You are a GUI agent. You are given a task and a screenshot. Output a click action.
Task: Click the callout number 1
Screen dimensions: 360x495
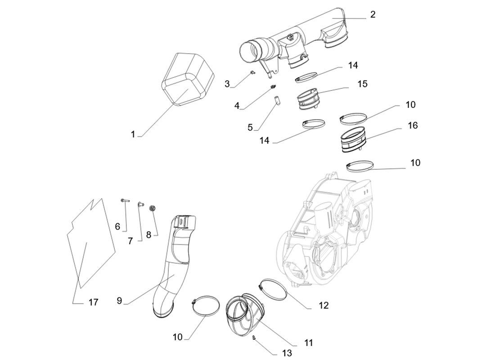133,134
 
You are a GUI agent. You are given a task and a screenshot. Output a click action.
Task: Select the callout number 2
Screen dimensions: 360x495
373,14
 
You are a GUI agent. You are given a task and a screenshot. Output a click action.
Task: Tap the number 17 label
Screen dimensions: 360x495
93,302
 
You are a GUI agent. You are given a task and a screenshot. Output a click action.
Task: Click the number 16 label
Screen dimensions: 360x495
413,126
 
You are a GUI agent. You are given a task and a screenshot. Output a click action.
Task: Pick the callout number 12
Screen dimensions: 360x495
323,306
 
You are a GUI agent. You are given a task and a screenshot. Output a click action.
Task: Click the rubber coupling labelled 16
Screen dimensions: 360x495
353,139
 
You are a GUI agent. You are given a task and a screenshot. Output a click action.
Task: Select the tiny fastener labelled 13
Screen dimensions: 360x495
255,338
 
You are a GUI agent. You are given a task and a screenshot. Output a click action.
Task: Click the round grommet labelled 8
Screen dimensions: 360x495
152,208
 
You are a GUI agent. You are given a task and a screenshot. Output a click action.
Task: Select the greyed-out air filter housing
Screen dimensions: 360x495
328,229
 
